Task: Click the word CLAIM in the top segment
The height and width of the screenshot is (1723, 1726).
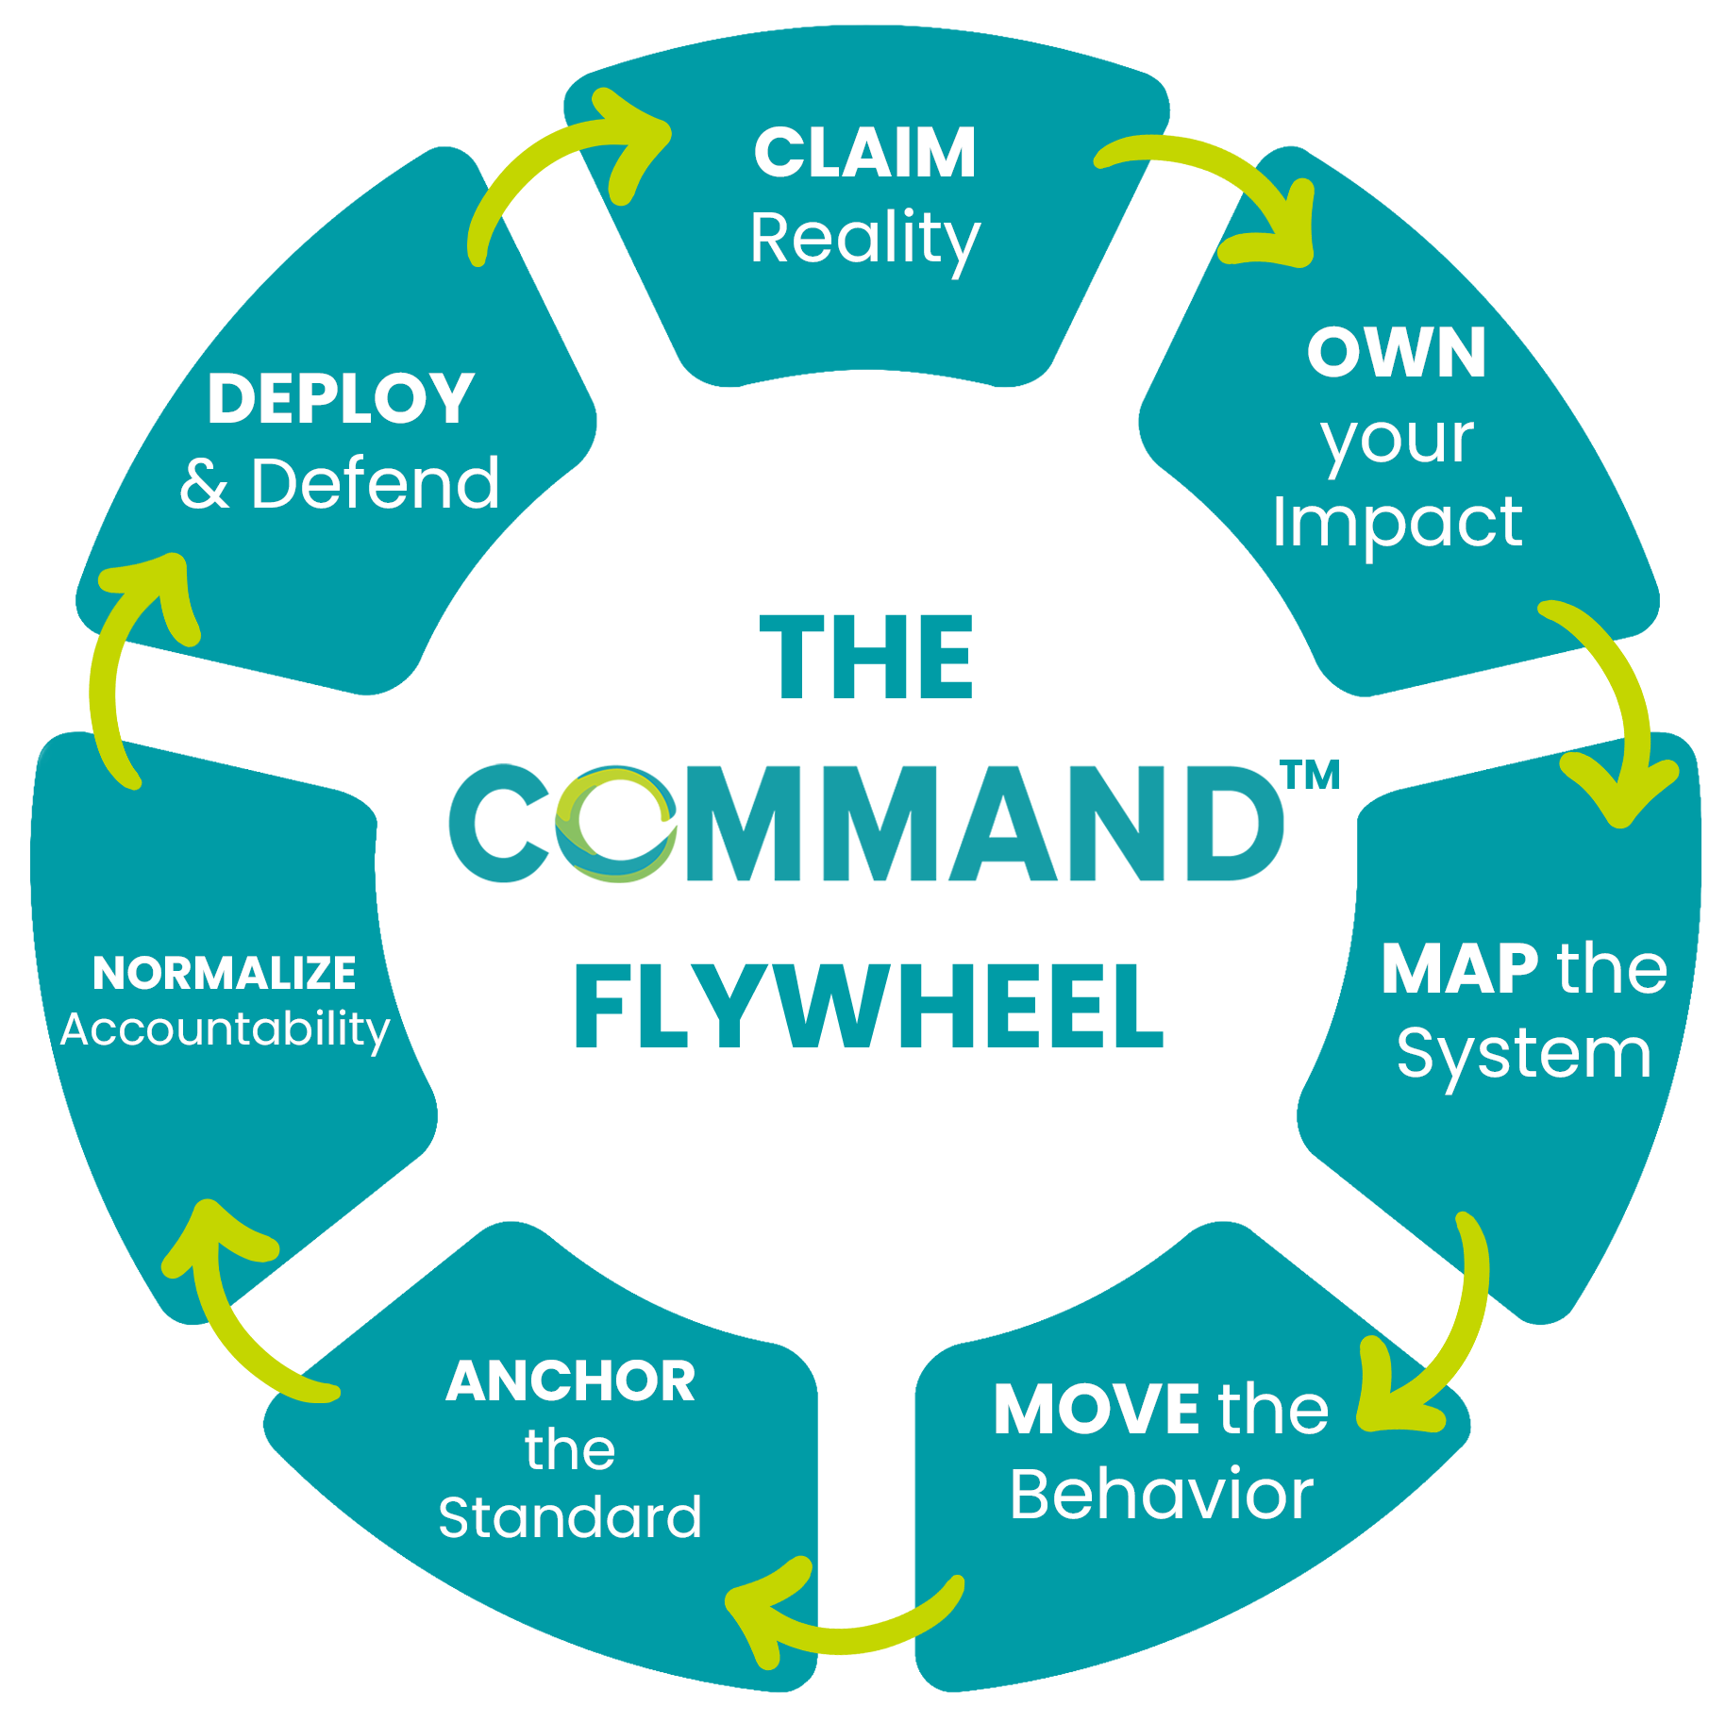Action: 864,153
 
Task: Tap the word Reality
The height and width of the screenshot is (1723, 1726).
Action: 864,238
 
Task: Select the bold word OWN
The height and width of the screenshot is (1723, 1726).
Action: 1397,353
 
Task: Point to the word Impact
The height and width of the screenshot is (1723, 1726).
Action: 1397,522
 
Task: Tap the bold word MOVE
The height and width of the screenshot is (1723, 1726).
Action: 1096,1410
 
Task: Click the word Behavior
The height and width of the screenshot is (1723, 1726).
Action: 1161,1495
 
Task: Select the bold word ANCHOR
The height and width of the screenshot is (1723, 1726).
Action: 571,1381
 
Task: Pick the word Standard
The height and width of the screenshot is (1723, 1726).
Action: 570,1517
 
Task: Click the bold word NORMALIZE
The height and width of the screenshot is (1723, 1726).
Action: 225,973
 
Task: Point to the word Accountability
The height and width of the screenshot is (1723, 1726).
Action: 225,1029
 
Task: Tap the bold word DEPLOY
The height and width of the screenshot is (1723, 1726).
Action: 341,398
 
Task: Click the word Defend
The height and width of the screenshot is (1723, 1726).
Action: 375,483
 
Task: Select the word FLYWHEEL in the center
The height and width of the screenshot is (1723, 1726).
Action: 868,1007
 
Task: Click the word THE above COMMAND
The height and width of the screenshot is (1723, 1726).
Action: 866,657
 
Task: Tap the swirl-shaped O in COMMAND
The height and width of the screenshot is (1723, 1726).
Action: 615,824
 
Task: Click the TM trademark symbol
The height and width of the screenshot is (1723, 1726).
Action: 1311,776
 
